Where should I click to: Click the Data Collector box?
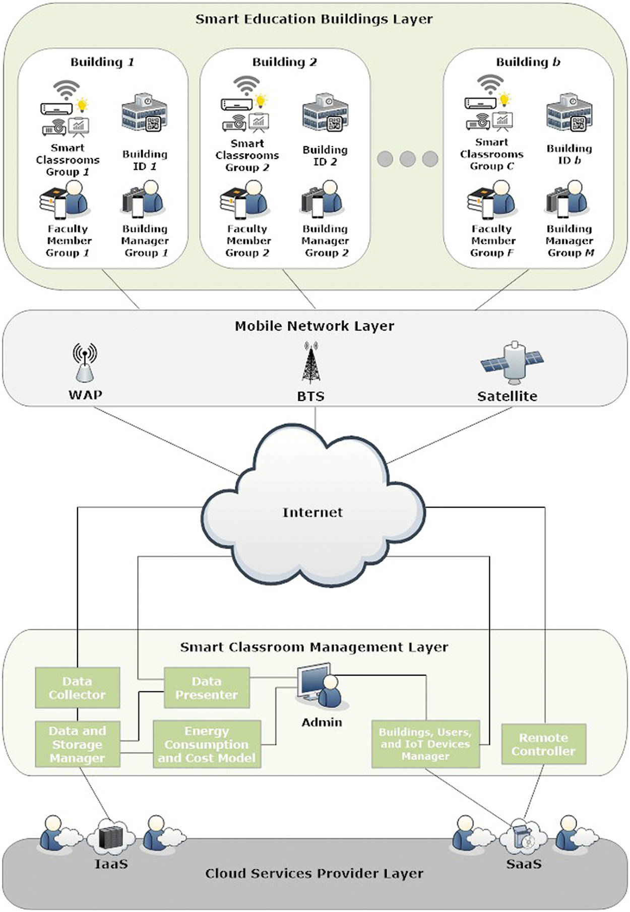[x=77, y=688]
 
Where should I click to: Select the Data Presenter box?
[x=207, y=688]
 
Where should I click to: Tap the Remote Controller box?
[x=543, y=744]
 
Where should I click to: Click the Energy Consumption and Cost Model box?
[x=207, y=744]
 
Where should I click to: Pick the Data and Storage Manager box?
[x=77, y=744]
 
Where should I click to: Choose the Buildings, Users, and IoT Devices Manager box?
[x=425, y=744]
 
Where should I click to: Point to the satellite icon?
[x=512, y=362]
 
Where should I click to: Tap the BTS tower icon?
[x=311, y=363]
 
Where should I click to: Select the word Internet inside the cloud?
[x=312, y=512]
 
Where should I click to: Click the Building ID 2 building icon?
[x=325, y=112]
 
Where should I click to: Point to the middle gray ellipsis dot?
[x=407, y=159]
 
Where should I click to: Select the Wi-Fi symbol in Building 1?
[x=67, y=90]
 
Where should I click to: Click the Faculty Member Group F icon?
[x=490, y=201]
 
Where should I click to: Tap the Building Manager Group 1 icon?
[x=143, y=199]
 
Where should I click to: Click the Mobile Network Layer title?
[x=314, y=326]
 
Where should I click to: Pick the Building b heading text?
[x=528, y=62]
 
